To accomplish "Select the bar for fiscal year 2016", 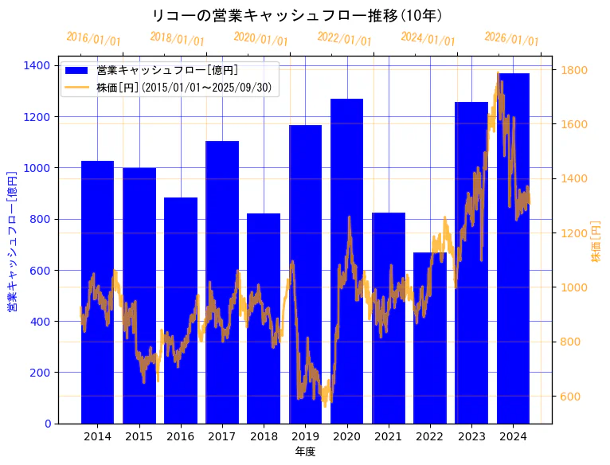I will tap(181, 311).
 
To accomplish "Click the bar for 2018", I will tap(264, 318).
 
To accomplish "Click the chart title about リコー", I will tap(297, 15).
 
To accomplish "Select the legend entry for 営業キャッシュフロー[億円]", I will tap(166, 71).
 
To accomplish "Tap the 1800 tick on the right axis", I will tap(574, 70).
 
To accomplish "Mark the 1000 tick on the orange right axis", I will tap(574, 287).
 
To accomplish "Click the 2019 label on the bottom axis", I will tap(305, 436).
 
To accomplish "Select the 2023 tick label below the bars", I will tap(471, 436).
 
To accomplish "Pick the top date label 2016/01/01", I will tap(93, 38).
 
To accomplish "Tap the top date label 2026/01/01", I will tap(511, 38).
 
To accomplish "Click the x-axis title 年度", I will tap(305, 451).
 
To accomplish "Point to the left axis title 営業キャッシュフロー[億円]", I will tap(12, 240).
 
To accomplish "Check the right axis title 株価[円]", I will tap(596, 242).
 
